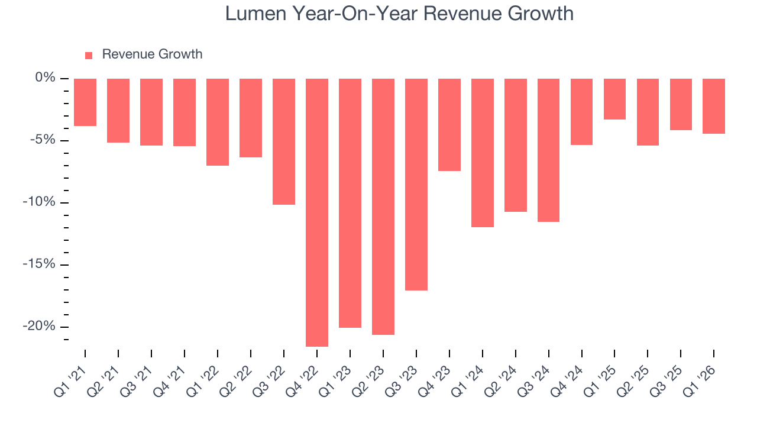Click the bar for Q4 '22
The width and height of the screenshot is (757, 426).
pos(317,212)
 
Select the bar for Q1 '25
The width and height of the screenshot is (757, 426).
pos(614,99)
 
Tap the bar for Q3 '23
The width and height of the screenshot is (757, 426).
pos(416,185)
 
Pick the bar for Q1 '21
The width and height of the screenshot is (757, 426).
pos(85,102)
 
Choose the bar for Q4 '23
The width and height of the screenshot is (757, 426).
pos(449,125)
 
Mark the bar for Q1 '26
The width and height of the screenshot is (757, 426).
pos(714,106)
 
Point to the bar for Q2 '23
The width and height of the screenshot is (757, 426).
pos(383,206)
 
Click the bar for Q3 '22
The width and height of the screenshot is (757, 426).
pos(284,141)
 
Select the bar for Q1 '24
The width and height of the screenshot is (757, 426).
pos(483,153)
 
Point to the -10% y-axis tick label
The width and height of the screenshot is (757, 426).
pos(40,202)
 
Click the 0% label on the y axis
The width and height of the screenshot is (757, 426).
pos(45,78)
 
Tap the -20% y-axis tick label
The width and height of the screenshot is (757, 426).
pos(40,327)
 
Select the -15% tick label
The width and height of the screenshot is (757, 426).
pos(40,264)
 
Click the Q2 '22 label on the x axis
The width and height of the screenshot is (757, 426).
pos(242,380)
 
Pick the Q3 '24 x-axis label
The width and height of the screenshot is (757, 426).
pos(540,380)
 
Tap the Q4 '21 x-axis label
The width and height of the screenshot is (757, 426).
pos(176,380)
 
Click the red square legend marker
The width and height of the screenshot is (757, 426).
pos(89,56)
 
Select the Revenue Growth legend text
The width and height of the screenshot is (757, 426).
pos(152,54)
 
